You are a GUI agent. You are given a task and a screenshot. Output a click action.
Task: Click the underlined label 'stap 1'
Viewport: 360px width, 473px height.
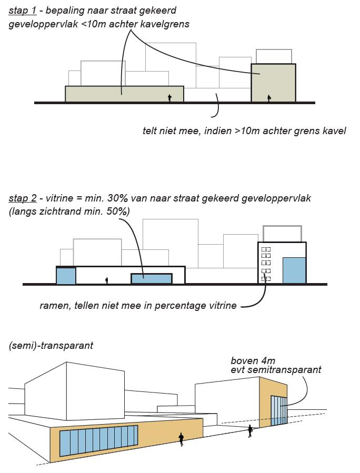click(x=22, y=11)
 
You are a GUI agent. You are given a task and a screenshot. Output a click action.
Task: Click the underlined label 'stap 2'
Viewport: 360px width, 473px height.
click(x=22, y=198)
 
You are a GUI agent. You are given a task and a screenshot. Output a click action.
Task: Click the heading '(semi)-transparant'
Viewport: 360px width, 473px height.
click(x=51, y=345)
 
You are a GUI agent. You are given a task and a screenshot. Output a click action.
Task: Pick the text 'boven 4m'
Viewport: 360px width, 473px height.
click(x=253, y=360)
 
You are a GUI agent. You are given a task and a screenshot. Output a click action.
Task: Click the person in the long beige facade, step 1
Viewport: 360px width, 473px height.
click(x=169, y=98)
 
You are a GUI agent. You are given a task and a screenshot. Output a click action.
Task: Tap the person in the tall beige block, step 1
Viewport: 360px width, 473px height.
click(x=268, y=98)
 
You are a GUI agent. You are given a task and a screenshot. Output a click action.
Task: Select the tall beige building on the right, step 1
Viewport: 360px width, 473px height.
click(x=273, y=83)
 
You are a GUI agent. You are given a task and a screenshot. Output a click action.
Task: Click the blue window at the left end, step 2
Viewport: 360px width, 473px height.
click(x=66, y=276)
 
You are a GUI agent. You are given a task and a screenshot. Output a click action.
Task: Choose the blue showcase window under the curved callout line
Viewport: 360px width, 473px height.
click(x=152, y=278)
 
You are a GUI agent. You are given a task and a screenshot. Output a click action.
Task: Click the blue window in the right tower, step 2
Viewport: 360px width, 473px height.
click(x=294, y=270)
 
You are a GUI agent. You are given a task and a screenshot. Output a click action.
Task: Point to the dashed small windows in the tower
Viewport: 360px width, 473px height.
click(x=266, y=264)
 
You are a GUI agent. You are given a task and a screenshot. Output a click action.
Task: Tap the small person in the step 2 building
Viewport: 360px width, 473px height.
click(x=106, y=280)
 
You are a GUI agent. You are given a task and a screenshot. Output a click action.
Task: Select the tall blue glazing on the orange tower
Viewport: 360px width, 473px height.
click(x=279, y=410)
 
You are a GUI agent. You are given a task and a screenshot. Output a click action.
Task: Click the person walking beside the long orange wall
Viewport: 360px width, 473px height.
click(x=181, y=439)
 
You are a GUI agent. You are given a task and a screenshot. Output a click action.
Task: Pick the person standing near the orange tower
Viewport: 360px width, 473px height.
click(x=250, y=431)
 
